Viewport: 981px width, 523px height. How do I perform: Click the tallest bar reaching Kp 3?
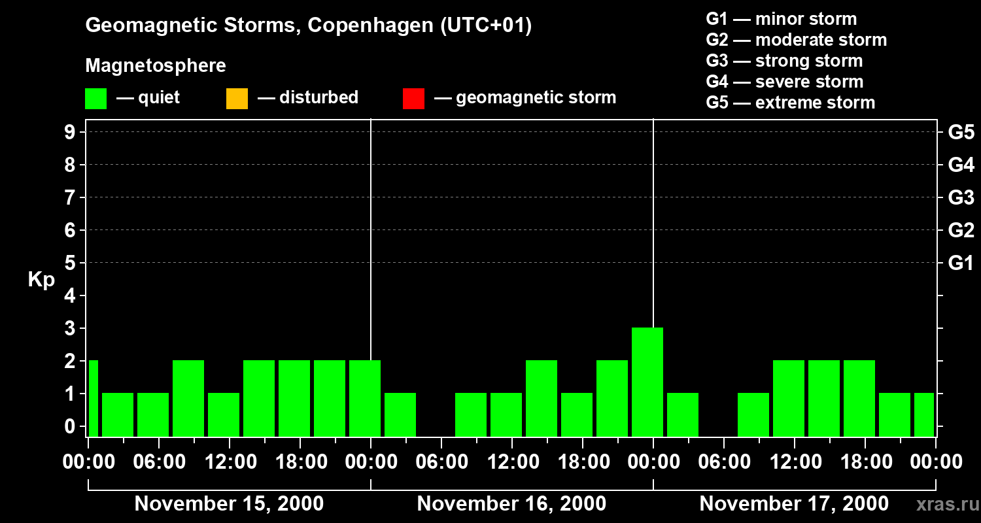tap(647, 382)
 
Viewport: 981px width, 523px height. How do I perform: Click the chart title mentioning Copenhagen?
tap(308, 25)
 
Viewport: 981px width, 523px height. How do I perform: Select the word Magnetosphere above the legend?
tap(156, 66)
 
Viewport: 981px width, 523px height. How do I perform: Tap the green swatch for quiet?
tap(95, 99)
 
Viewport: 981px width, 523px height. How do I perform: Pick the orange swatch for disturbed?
tap(237, 99)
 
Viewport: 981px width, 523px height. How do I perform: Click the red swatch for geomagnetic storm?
tap(413, 99)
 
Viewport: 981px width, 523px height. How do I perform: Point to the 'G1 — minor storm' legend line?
tap(782, 19)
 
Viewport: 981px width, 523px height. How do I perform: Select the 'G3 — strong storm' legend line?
tap(784, 61)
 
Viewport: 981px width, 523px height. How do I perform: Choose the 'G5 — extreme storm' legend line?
tap(791, 103)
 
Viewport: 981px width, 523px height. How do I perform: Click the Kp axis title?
tap(41, 280)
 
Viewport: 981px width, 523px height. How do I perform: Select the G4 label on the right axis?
tap(961, 165)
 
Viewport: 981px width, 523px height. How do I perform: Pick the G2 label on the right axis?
tap(961, 231)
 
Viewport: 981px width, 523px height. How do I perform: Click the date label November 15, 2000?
tap(229, 504)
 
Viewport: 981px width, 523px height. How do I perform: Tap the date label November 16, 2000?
tap(511, 504)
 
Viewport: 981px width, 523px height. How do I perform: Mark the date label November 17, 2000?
tap(794, 504)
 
